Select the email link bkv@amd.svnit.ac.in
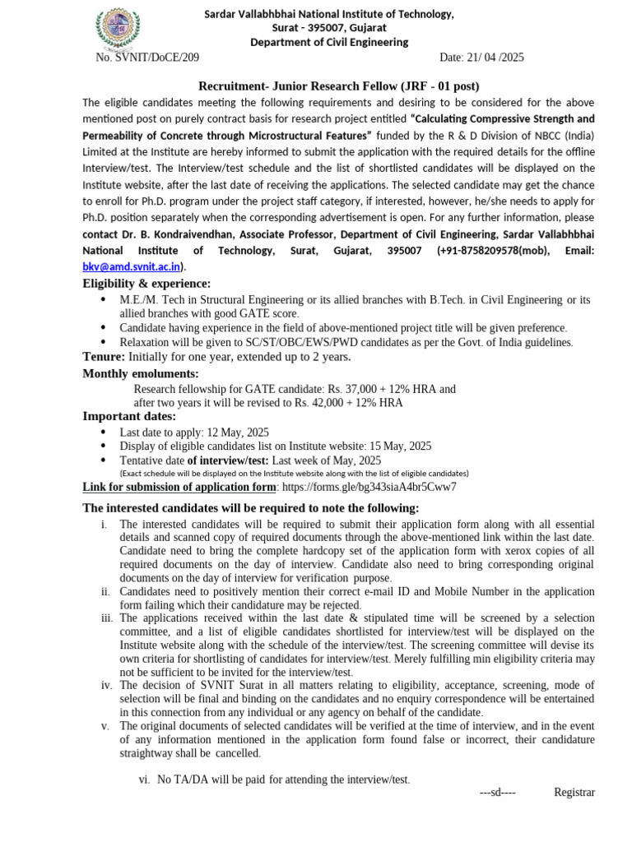point(132,266)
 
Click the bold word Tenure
point(104,356)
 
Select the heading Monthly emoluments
point(141,374)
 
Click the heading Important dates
point(129,417)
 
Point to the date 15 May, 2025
point(399,446)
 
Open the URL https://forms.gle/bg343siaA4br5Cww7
point(369,487)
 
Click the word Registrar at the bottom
point(574,792)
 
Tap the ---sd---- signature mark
point(497,792)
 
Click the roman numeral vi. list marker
point(144,780)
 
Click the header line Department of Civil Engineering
point(329,42)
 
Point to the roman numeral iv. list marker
point(106,685)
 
